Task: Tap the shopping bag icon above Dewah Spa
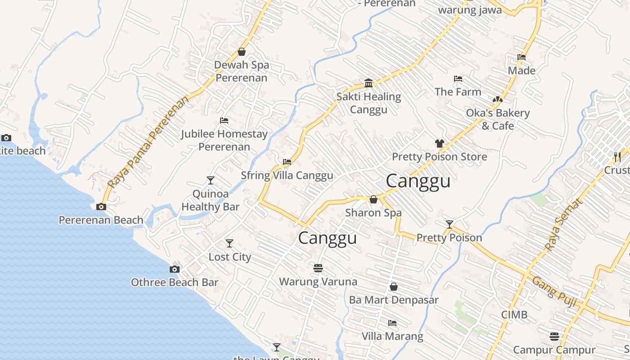tap(242, 52)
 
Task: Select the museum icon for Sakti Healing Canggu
tap(369, 83)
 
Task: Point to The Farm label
tap(458, 92)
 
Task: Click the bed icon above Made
tap(522, 57)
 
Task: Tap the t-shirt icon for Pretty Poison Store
tap(440, 144)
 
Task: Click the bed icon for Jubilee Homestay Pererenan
tap(224, 121)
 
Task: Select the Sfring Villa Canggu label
tap(287, 175)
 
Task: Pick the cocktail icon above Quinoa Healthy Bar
tap(210, 180)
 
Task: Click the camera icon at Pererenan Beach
tap(101, 207)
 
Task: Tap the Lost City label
tap(229, 257)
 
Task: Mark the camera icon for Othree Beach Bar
tap(175, 270)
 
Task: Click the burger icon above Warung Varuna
tap(318, 268)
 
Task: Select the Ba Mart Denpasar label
tap(394, 300)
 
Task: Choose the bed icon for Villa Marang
tap(392, 323)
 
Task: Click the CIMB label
tap(514, 315)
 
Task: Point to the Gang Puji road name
tap(554, 291)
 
